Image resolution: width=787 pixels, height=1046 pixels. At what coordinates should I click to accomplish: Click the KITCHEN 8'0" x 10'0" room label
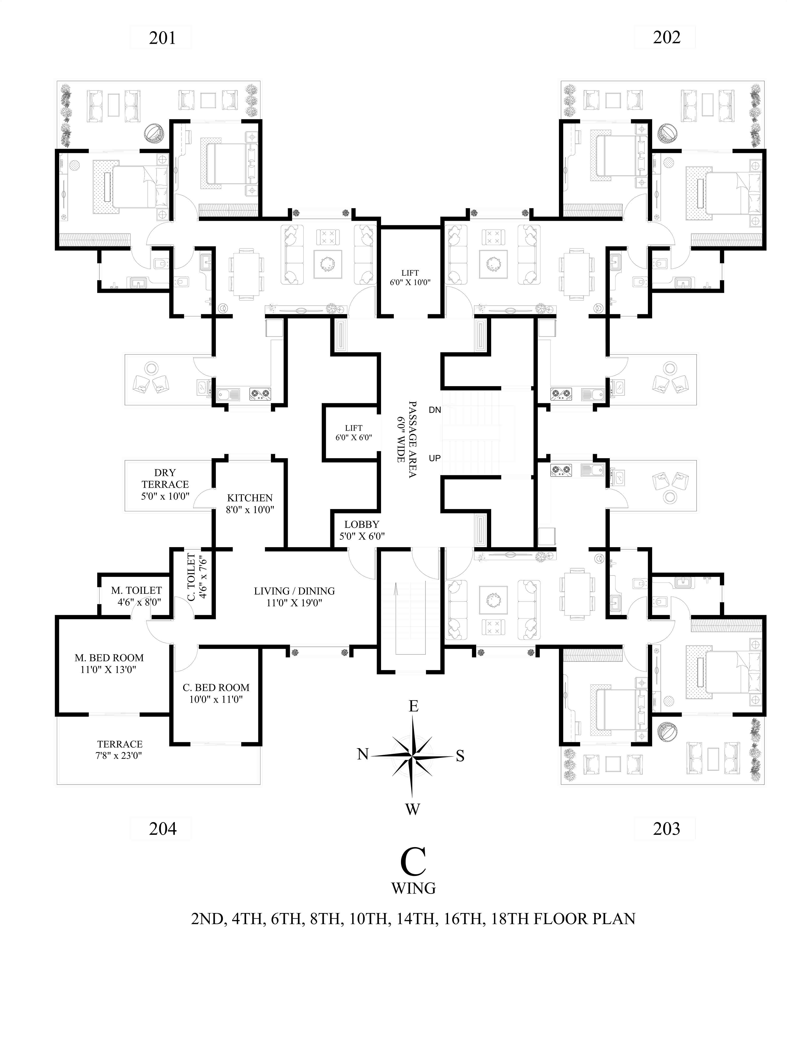pos(249,504)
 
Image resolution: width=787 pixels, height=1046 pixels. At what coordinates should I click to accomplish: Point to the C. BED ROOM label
pos(216,693)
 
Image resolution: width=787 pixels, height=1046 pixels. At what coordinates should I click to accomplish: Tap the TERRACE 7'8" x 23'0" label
pos(120,750)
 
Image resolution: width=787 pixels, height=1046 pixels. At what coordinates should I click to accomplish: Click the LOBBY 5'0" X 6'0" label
pos(362,530)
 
